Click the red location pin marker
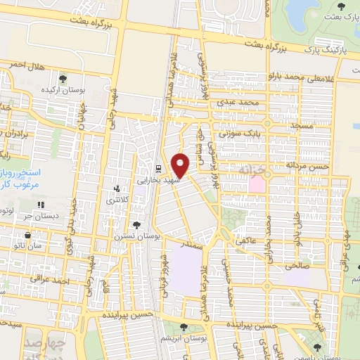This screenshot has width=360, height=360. (181, 165)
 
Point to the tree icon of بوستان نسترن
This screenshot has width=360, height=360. (136, 225)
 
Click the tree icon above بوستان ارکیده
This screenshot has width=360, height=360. (63, 79)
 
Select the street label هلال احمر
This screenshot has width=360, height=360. (26, 65)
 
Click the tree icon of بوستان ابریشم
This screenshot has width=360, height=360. (184, 327)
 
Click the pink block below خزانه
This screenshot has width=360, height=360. (257, 185)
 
